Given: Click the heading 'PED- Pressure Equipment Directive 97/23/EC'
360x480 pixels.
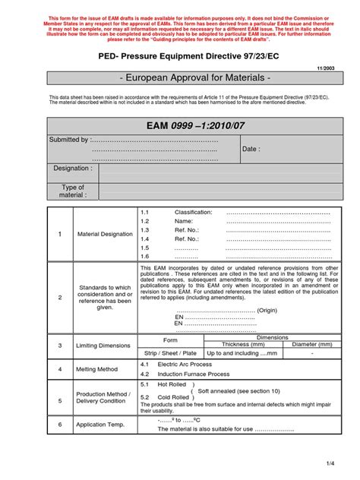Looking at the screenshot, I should click(x=180, y=57).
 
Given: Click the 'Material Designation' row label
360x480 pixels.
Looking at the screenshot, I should click(x=105, y=234).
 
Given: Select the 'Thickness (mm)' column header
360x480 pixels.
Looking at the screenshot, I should click(x=241, y=343).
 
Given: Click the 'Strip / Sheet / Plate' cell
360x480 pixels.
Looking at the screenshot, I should click(x=170, y=353).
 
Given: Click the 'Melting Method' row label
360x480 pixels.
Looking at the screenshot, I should click(x=97, y=369).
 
